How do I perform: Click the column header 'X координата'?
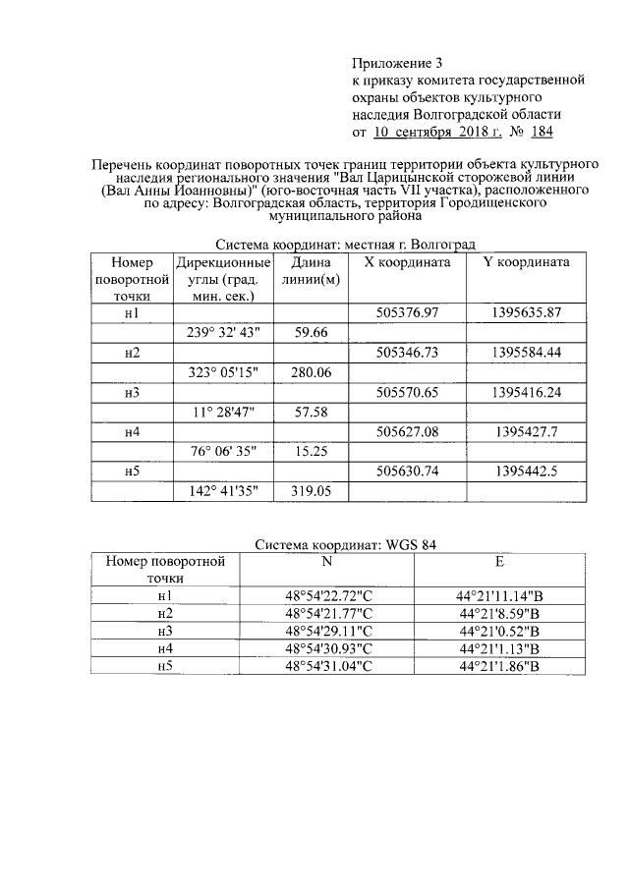click(407, 263)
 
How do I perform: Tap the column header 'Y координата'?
click(526, 263)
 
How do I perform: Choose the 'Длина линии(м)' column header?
click(310, 271)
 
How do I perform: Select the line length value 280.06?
click(311, 372)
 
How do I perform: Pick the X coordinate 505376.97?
click(407, 312)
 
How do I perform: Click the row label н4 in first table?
click(133, 432)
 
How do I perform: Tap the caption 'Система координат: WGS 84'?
click(354, 544)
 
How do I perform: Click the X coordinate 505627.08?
click(407, 432)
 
